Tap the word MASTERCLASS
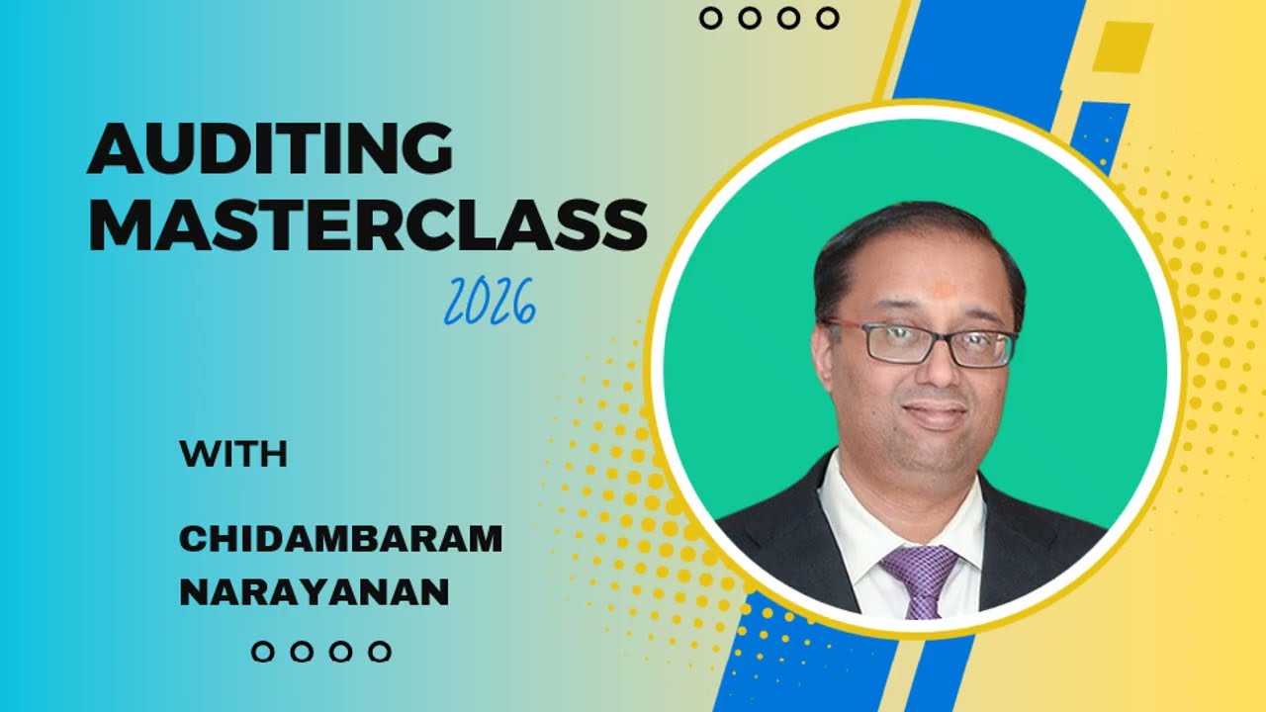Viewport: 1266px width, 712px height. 368,224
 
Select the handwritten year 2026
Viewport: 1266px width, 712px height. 490,303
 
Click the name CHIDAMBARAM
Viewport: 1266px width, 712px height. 340,540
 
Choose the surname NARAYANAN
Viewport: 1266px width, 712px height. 314,592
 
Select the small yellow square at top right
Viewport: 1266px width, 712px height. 1123,46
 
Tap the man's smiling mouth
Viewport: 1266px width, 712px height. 933,411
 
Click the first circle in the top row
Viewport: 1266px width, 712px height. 710,18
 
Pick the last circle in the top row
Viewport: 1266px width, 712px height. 828,18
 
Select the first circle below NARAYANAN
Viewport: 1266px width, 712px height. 262,652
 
